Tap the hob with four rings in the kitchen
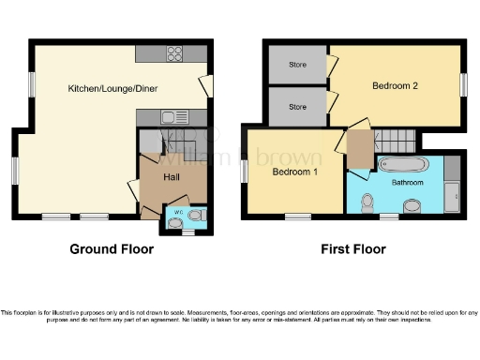[174, 53]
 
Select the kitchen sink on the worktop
[172, 117]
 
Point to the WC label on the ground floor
[177, 215]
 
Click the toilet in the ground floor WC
[194, 216]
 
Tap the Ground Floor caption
[112, 250]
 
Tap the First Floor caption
[354, 250]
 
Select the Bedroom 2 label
[395, 86]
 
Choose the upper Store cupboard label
[298, 65]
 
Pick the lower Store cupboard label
[298, 106]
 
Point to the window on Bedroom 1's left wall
[244, 172]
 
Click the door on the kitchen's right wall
[205, 87]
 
